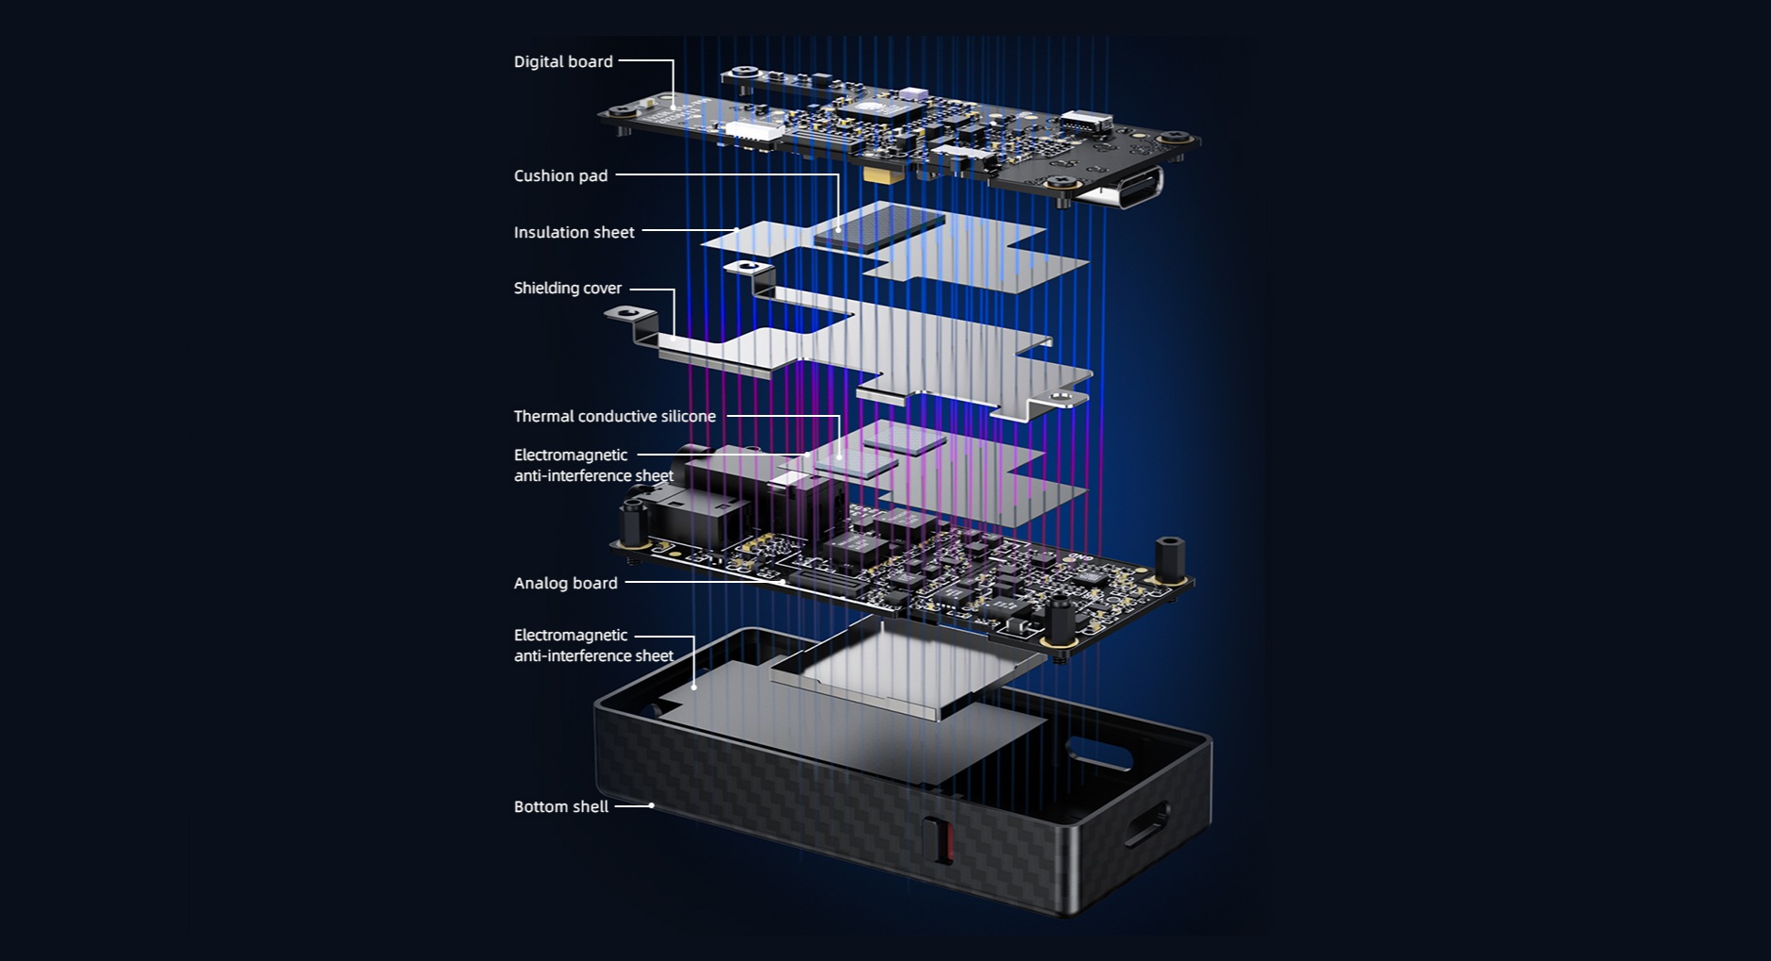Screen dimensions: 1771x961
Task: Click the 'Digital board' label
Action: (563, 62)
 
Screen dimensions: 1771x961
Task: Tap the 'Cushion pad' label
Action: (560, 176)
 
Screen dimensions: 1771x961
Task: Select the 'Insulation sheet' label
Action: (574, 233)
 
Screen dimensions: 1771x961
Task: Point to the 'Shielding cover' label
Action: (567, 289)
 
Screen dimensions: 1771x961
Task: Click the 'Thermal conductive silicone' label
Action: (614, 417)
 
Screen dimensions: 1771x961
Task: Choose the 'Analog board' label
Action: (565, 584)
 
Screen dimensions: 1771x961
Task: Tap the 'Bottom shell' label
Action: (560, 807)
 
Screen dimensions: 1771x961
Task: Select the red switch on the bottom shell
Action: (941, 838)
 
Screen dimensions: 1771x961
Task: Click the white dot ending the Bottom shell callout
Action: (652, 805)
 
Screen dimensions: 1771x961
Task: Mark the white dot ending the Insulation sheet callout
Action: (736, 230)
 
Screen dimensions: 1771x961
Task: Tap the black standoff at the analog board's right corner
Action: (1170, 558)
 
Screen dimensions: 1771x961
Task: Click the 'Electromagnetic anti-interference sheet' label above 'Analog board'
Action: (593, 466)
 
